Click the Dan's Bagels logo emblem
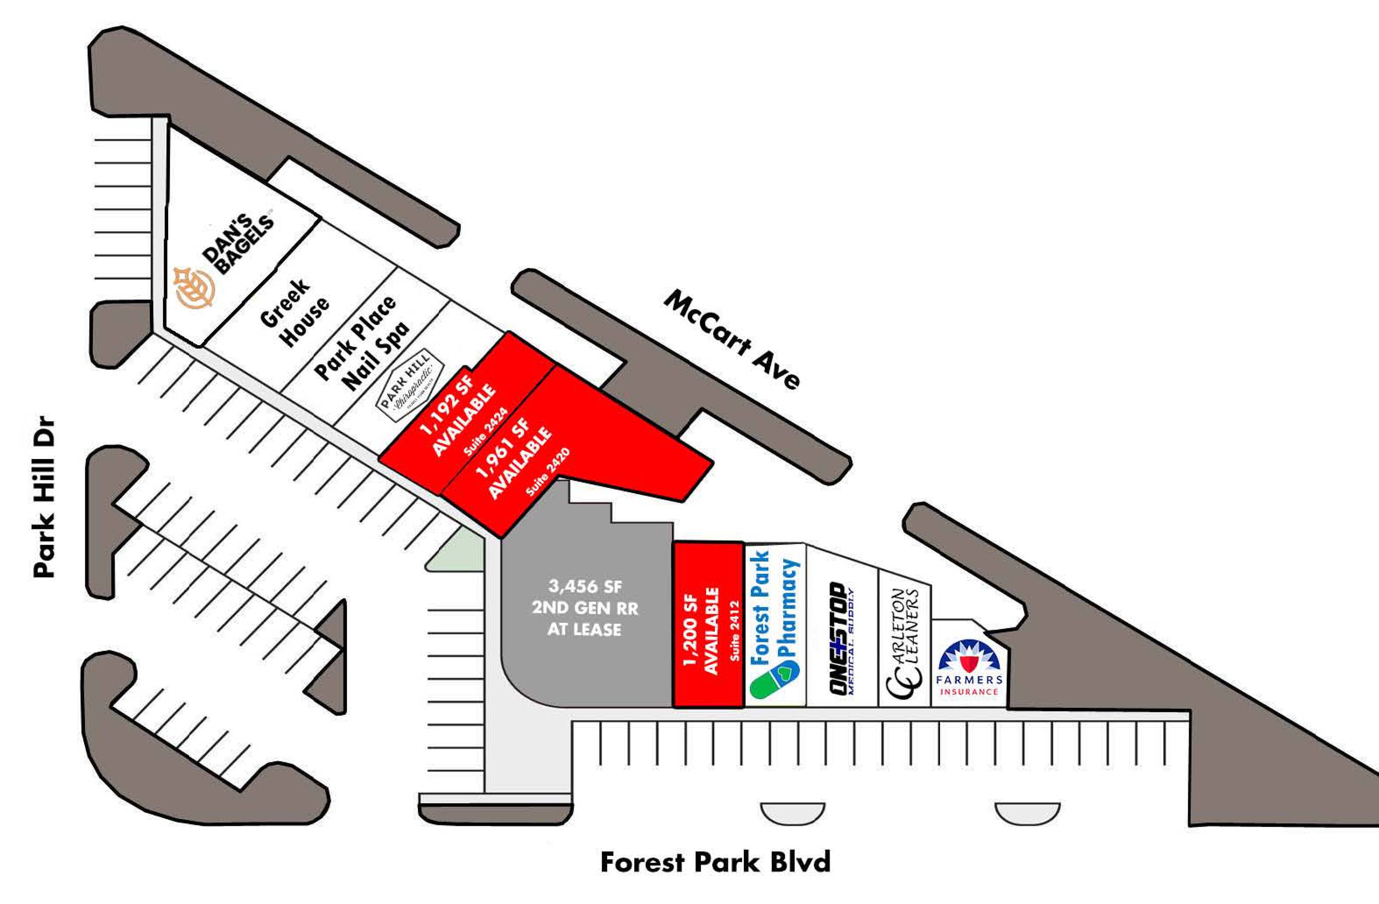click(x=195, y=286)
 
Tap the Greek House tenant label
click(x=294, y=313)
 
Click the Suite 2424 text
click(x=486, y=431)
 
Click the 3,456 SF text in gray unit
click(x=585, y=586)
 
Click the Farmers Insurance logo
click(x=969, y=668)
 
